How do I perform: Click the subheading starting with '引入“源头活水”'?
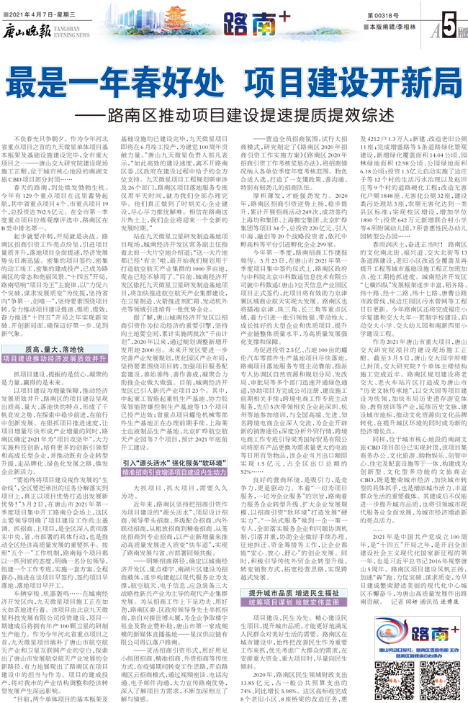[x=174, y=463]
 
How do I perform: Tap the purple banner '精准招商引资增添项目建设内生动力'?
[x=174, y=473]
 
